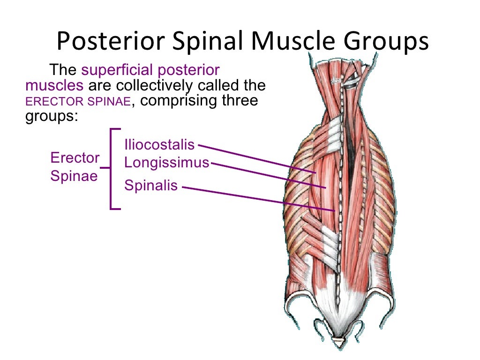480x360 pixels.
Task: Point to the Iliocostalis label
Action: click(x=159, y=145)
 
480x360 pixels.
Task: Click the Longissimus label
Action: click(x=166, y=163)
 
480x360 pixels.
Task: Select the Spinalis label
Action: click(x=151, y=186)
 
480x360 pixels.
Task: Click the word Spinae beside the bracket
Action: click(x=74, y=176)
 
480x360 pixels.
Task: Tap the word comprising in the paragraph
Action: click(x=184, y=101)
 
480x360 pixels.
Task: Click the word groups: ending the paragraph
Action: click(x=50, y=116)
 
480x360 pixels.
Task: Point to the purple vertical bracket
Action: click(x=112, y=169)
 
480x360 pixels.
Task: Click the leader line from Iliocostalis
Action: click(x=258, y=159)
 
